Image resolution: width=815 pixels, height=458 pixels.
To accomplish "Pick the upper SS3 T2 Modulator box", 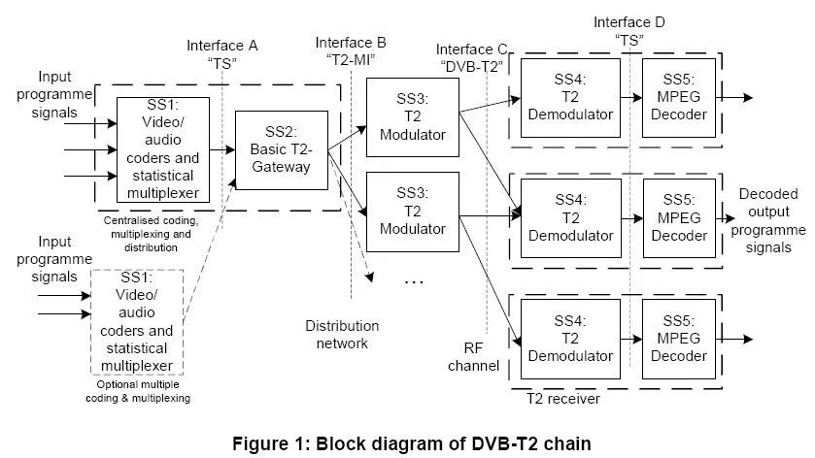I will coord(413,116).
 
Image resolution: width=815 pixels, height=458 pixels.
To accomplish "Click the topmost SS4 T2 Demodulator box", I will coord(570,97).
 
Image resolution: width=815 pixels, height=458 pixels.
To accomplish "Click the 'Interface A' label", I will coord(222,45).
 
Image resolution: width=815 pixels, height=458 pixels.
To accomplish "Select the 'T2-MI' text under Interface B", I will coord(352,60).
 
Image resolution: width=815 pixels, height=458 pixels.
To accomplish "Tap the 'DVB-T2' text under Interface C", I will coord(473,67).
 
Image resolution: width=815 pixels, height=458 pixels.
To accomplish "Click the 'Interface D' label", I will coord(629,21).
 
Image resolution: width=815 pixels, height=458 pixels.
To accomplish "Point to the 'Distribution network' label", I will coord(342,334).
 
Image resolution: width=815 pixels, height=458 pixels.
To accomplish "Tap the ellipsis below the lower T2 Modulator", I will coord(414,280).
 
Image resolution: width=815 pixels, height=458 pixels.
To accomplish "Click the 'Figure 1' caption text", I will coord(411,442).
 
